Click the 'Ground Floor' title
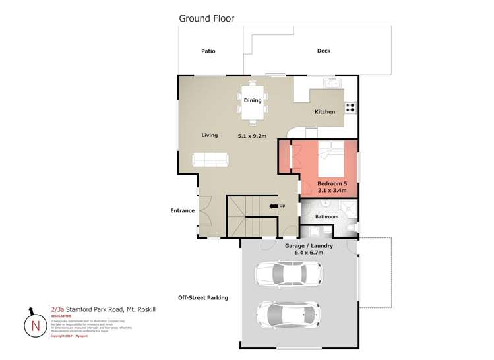(206, 18)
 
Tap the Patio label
(208, 51)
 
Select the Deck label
(323, 51)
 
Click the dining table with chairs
(253, 102)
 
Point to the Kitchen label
(324, 112)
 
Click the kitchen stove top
(350, 106)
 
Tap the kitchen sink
(331, 83)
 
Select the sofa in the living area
(210, 159)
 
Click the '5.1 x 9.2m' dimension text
(252, 136)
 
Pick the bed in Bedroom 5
(330, 158)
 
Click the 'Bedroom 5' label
(331, 183)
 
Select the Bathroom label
(326, 217)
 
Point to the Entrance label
(182, 211)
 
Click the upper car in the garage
(288, 272)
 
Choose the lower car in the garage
(288, 315)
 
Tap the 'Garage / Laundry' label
(309, 246)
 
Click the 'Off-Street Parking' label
(203, 298)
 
